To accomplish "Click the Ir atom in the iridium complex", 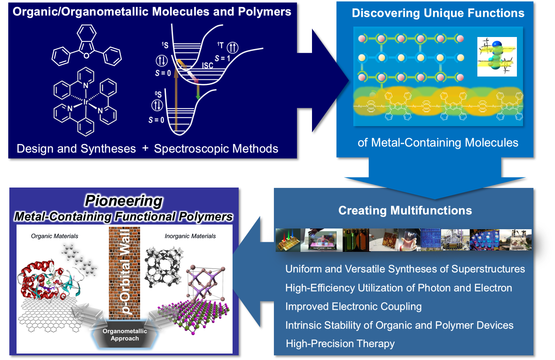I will tap(86, 102).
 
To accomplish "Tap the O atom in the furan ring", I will tap(87, 56).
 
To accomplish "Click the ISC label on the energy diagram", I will tap(207, 65).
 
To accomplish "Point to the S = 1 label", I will tap(222, 58).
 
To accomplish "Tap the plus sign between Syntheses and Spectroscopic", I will tap(145, 148).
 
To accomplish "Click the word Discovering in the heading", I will tap(385, 13).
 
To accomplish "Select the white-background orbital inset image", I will tap(497, 57).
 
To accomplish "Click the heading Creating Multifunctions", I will tap(405, 211).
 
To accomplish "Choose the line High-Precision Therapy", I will tap(340, 344).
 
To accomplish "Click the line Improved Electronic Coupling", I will tap(353, 306).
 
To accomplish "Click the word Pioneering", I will tap(124, 201).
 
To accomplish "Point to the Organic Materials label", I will tap(55, 236).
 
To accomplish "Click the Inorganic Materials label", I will tap(190, 236).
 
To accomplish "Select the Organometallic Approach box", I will tap(125, 335).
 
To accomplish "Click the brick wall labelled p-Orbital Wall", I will tap(124, 273).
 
